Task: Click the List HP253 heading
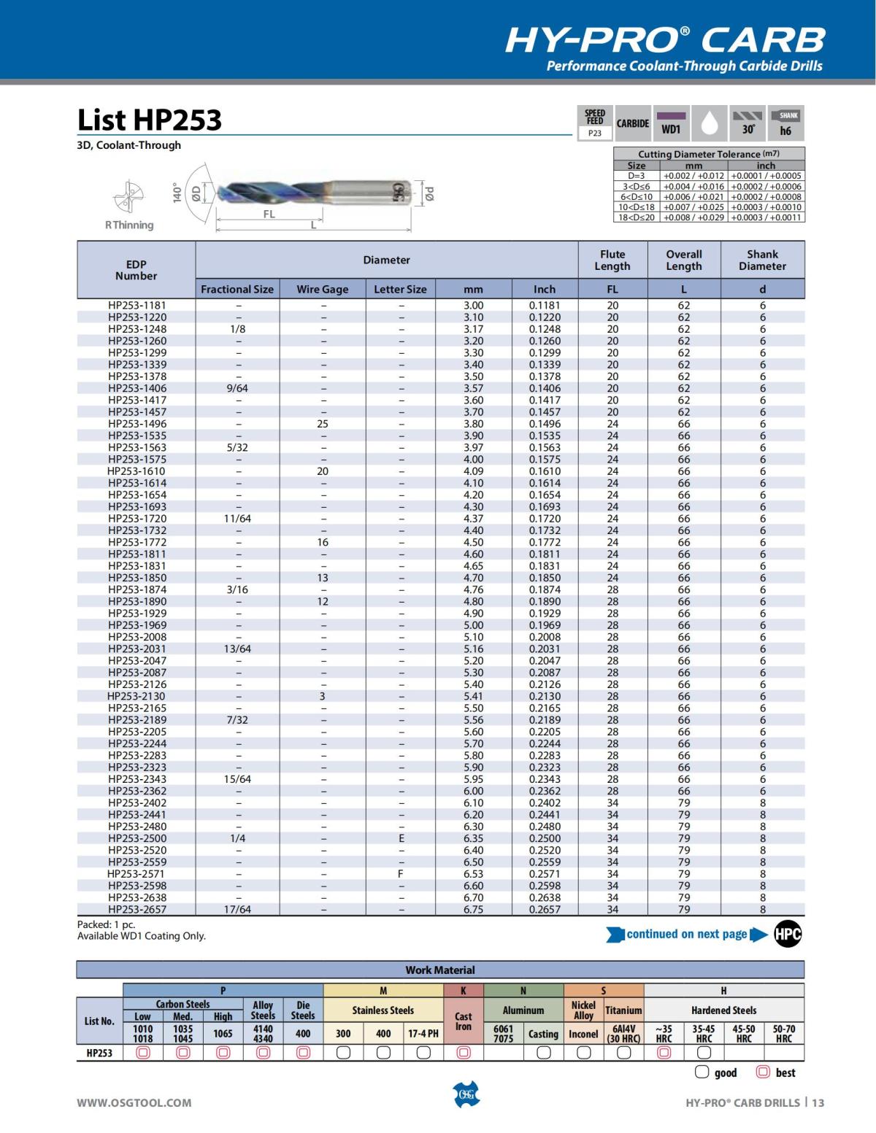[150, 120]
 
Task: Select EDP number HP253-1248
[137, 329]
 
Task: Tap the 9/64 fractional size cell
[237, 388]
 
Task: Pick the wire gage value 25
[323, 424]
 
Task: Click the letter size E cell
[401, 838]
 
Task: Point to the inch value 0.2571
[545, 874]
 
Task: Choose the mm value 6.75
[473, 910]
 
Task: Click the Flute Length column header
[612, 260]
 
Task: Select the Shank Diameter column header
[762, 260]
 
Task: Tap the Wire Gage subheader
[323, 289]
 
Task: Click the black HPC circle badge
[788, 935]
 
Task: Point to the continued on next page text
[686, 935]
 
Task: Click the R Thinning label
[129, 225]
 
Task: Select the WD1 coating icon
[671, 123]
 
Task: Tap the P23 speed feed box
[595, 134]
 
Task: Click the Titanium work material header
[623, 1010]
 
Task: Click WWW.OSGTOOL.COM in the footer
[134, 1103]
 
